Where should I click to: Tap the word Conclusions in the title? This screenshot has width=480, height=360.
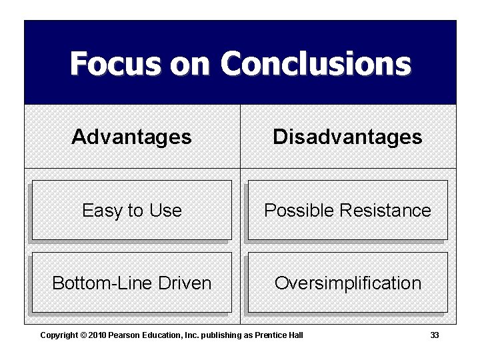coord(316,64)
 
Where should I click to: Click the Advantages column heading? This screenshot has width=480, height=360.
coord(131,137)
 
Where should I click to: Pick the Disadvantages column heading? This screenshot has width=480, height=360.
coord(347,137)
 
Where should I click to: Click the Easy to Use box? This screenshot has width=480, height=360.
coord(131,211)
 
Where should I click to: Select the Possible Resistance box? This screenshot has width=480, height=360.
coord(347,211)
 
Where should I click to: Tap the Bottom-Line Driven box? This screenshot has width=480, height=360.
coord(131,283)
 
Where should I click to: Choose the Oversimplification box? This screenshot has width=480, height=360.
coord(347,283)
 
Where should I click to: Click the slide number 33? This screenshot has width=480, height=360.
coord(435,335)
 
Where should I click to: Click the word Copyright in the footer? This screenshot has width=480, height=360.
coord(58,335)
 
